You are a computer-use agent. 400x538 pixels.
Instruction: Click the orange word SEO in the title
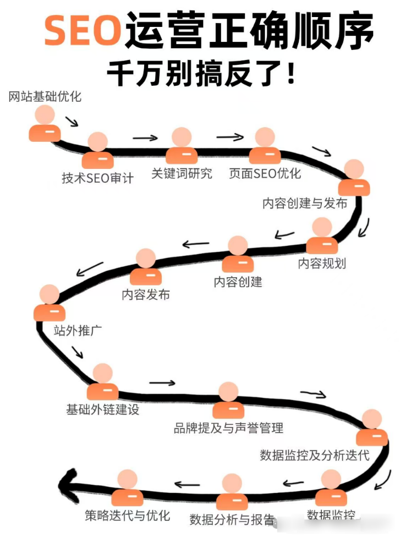[83, 32]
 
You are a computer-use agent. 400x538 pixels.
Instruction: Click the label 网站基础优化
[45, 97]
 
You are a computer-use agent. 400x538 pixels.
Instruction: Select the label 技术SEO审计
[97, 178]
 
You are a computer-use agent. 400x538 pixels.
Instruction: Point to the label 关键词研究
[182, 174]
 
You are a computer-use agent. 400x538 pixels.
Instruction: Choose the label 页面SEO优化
[265, 173]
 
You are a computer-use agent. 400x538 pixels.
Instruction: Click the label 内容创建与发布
[305, 203]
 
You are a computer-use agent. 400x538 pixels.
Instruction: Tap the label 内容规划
[322, 263]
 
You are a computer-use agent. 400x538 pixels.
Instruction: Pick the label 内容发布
[146, 294]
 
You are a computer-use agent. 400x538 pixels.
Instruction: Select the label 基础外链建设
[103, 410]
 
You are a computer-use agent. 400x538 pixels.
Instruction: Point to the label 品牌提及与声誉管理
[228, 427]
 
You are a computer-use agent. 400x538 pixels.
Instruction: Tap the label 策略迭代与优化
[127, 515]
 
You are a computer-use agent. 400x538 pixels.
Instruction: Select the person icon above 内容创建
[238, 254]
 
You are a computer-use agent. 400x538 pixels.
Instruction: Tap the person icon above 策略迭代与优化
[127, 488]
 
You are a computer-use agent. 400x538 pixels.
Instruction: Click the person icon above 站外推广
[49, 303]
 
